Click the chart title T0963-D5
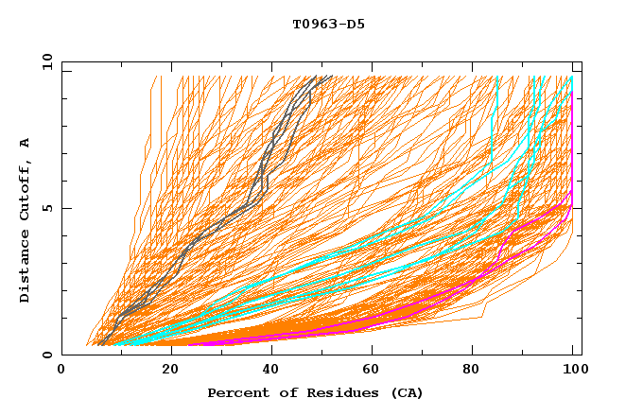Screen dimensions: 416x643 tap(328, 25)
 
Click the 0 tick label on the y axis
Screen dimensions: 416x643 tap(47, 355)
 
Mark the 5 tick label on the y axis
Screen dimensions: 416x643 tap(47, 208)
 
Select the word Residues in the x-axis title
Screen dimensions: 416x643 tap(332, 393)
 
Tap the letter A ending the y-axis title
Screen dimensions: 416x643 tap(26, 143)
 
